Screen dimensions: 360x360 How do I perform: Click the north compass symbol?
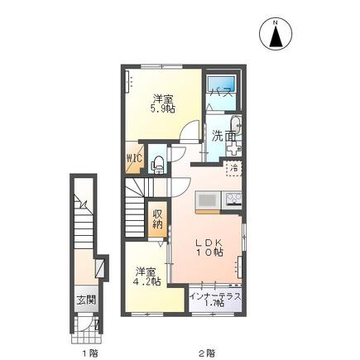coord(276,35)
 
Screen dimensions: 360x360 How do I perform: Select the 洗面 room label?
coord(223,137)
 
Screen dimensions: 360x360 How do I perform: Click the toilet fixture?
coord(158,164)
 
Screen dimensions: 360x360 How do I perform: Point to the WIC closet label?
coord(134,158)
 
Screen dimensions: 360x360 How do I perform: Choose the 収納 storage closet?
coord(157,219)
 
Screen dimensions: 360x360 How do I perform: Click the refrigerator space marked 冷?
coord(234,168)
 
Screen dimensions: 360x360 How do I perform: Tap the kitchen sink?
coord(208,200)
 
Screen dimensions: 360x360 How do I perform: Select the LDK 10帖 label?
coord(209,247)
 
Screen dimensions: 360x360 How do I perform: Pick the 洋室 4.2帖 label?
coord(148,276)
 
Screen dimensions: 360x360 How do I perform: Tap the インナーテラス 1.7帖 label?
coord(215,300)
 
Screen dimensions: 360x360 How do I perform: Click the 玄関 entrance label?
coord(86,300)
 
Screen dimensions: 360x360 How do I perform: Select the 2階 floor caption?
coord(207,353)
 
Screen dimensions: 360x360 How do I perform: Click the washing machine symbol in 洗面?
coord(234,149)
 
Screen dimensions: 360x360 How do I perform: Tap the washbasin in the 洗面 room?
coord(236,125)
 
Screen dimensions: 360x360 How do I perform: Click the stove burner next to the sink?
coord(233,200)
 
